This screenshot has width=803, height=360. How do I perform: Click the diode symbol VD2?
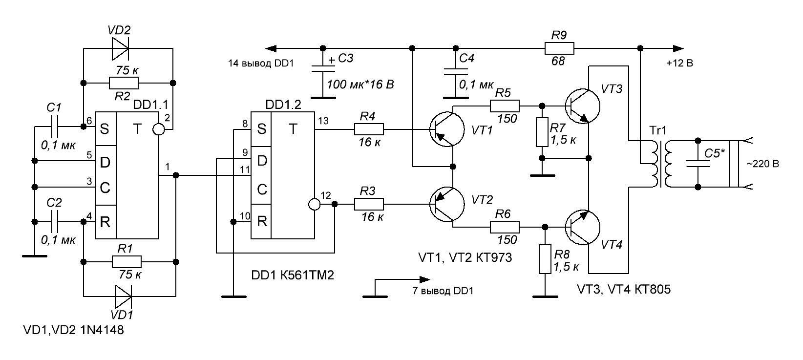[120, 48]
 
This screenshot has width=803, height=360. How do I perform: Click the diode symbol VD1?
[123, 296]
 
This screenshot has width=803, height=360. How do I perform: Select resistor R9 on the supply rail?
[559, 48]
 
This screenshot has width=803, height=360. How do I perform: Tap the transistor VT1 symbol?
[447, 129]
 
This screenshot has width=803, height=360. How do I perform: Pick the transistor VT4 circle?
[583, 227]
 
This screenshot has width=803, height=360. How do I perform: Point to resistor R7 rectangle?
[542, 132]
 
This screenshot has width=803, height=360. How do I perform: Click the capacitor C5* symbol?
[698, 164]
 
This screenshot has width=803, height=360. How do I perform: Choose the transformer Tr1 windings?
[661, 164]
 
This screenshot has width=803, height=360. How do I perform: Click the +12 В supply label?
[679, 64]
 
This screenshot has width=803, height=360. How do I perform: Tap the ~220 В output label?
[763, 164]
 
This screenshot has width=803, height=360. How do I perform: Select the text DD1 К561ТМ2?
[293, 275]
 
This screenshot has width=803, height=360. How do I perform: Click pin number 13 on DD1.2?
[323, 121]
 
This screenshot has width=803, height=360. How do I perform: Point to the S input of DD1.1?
[105, 128]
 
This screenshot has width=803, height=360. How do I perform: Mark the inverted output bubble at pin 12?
[315, 204]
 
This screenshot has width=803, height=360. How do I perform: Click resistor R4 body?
[368, 129]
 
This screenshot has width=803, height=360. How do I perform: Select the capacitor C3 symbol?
[323, 68]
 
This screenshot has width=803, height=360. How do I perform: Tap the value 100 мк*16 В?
[360, 85]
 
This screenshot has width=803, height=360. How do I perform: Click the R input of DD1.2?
[261, 221]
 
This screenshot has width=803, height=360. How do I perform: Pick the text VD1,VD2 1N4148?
[73, 330]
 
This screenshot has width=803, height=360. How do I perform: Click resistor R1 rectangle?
[127, 262]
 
